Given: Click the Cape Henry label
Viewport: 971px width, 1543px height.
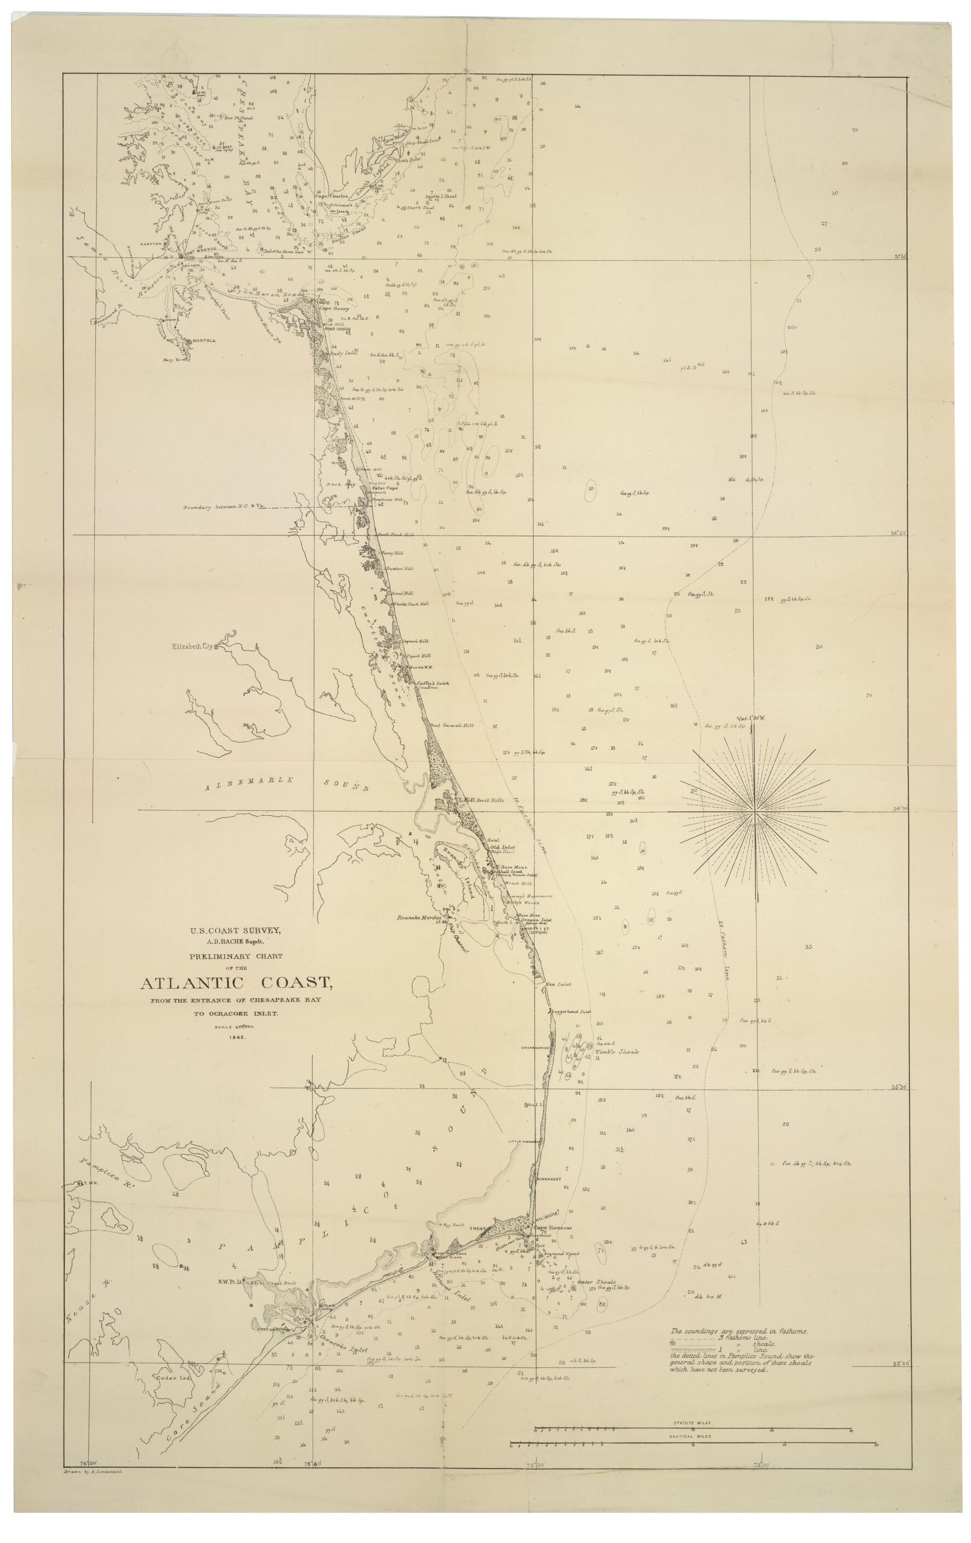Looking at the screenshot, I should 331,308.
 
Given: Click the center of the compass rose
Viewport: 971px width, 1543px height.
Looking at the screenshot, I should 755,812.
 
